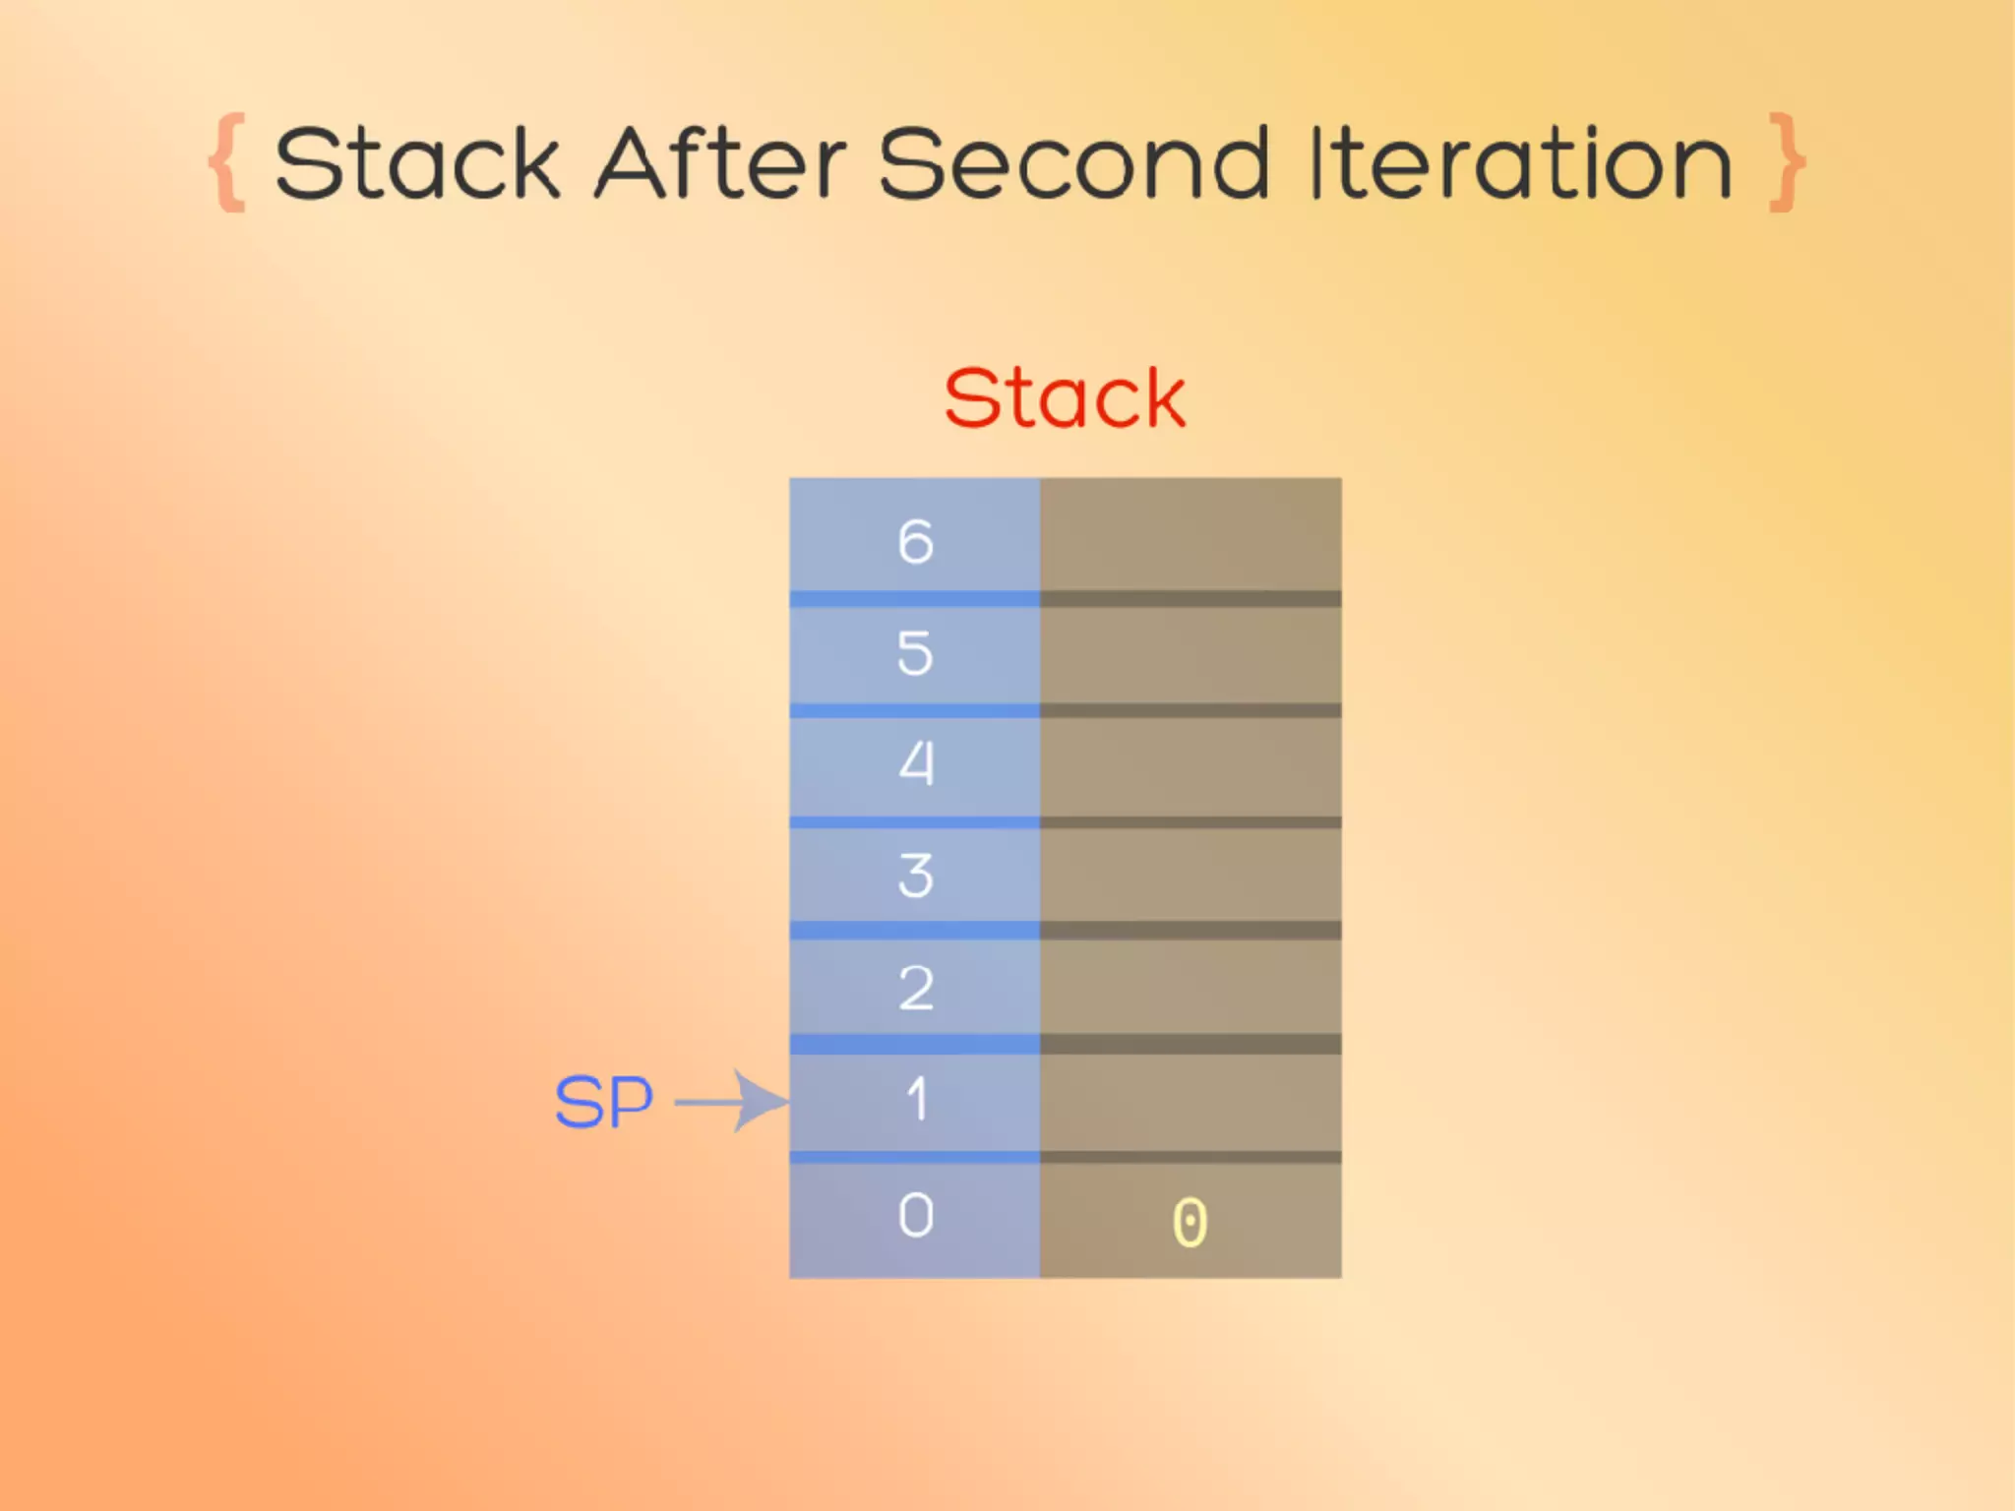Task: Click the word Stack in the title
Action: (417, 163)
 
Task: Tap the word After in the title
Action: (721, 163)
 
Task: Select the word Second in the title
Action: (1073, 163)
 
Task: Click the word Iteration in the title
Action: (1521, 163)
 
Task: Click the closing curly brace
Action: (1787, 162)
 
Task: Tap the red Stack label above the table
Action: (1065, 398)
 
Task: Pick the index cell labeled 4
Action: (915, 764)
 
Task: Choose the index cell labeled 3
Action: (915, 876)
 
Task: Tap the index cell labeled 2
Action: (915, 987)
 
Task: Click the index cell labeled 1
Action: (915, 1100)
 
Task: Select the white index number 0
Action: (915, 1216)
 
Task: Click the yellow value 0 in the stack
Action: (1190, 1223)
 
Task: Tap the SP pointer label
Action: (604, 1102)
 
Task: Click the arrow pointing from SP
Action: (733, 1102)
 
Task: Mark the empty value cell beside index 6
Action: (1191, 536)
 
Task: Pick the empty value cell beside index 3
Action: (1191, 876)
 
